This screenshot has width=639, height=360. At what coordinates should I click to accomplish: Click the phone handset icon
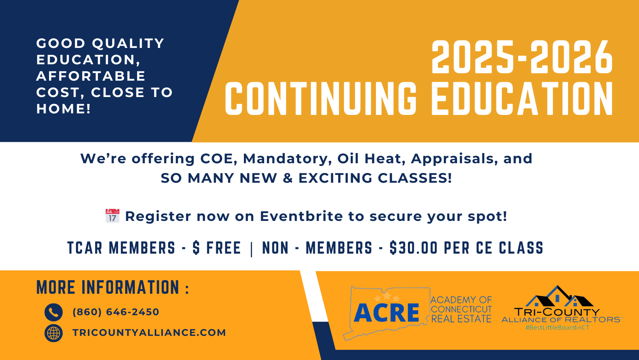[54, 312]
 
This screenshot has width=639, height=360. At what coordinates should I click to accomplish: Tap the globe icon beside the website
[54, 333]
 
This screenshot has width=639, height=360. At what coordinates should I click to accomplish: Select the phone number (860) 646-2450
[116, 312]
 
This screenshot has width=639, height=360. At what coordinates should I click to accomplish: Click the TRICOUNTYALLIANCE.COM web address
[149, 333]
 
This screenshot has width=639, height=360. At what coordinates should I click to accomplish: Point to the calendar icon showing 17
[112, 216]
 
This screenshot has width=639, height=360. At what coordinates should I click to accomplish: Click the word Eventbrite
[301, 216]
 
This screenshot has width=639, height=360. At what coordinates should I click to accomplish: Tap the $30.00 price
[413, 248]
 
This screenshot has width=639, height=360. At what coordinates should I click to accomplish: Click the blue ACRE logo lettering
[387, 312]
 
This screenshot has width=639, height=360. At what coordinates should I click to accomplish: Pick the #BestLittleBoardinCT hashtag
[558, 328]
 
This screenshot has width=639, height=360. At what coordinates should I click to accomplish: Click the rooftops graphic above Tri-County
[559, 296]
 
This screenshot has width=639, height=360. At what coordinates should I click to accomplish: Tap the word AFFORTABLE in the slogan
[91, 76]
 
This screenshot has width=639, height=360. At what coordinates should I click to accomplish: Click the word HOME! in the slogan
[64, 109]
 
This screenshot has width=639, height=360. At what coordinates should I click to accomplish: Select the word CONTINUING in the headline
[321, 99]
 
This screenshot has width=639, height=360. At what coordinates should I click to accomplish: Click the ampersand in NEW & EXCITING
[288, 178]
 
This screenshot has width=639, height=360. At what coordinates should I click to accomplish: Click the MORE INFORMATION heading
[113, 287]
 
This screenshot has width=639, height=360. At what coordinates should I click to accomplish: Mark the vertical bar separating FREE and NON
[252, 249]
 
